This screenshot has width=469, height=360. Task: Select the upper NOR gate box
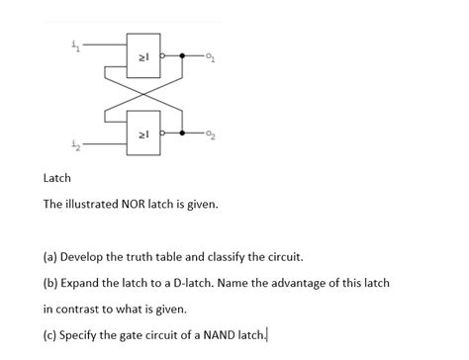coord(141,57)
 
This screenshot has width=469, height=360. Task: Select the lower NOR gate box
coord(141,134)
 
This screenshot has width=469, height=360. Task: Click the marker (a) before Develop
coord(50,256)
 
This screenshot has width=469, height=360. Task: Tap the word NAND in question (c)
coord(203,333)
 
